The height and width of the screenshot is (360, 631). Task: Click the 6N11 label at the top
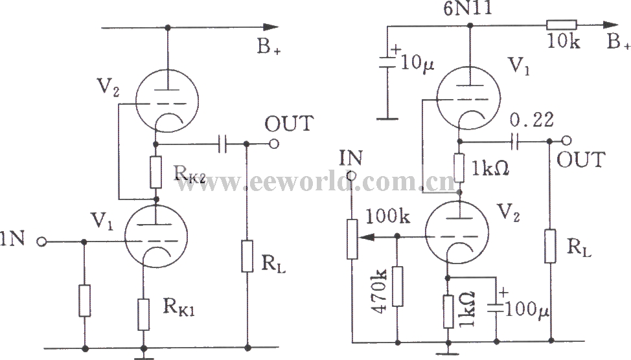[468, 8]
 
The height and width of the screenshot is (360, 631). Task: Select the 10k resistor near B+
[562, 25]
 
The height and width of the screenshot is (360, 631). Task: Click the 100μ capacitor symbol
[496, 308]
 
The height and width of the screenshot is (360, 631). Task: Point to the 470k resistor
[398, 286]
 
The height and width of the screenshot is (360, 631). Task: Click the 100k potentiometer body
[352, 239]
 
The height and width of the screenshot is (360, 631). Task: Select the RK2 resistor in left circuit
[155, 172]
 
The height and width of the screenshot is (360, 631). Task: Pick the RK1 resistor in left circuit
[144, 315]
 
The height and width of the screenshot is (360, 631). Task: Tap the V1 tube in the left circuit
[155, 236]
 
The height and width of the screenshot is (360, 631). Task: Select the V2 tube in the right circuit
[457, 232]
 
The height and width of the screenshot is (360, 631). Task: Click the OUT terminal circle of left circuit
[274, 144]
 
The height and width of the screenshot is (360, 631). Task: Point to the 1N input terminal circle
[41, 242]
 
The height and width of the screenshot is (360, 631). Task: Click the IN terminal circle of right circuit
[351, 175]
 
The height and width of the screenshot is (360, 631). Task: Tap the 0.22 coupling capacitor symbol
[514, 141]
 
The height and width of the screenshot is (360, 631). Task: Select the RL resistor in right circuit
[551, 246]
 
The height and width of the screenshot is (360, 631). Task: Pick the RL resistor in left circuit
[247, 256]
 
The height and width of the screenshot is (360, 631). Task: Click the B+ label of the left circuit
[269, 47]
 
